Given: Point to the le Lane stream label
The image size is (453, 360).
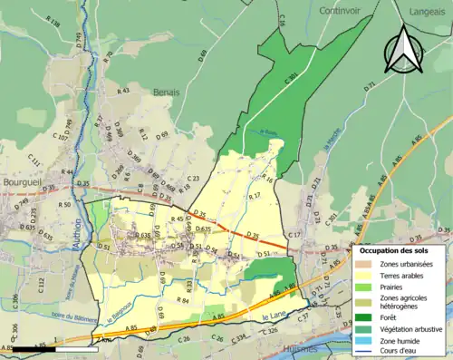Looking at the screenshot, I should [x=273, y=316].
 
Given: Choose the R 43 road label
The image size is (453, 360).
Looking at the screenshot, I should [x=124, y=91].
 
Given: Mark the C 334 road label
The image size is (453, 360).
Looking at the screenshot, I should [x=241, y=339].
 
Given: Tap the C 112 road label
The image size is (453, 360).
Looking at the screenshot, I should [x=42, y=285].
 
